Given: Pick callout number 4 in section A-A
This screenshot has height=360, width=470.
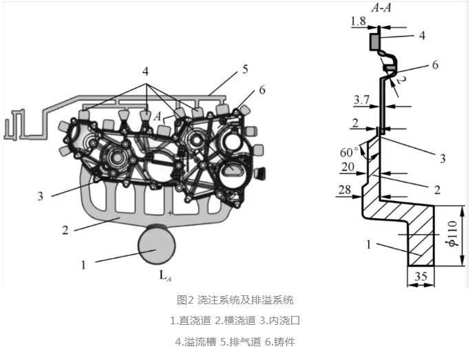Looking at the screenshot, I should (x=422, y=34).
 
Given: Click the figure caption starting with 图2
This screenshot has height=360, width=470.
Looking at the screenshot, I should (x=235, y=300).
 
